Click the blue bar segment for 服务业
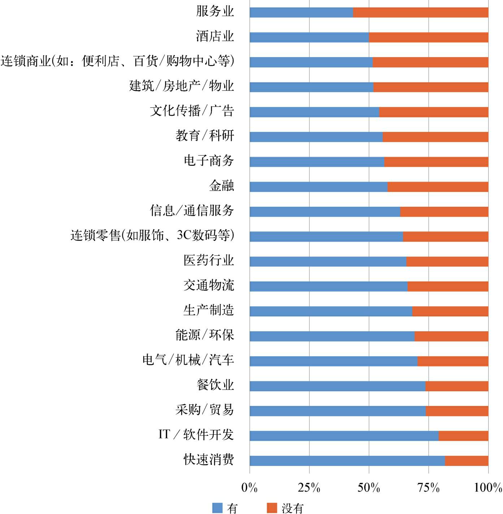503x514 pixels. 301,12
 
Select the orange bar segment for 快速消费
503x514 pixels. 467,461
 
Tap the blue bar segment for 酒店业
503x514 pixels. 309,37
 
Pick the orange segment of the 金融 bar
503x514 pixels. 438,187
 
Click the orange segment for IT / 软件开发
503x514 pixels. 463,436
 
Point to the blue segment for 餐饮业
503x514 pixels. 337,386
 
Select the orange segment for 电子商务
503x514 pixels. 436,162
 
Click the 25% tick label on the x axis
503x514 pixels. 309,488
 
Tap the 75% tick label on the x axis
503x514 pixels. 429,488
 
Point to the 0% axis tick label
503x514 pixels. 250,488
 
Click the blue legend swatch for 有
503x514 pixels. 217,508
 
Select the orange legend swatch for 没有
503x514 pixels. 272,508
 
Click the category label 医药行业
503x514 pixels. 209,260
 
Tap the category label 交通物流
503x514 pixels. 209,285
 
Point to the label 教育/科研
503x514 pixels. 205,136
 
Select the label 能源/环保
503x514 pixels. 205,335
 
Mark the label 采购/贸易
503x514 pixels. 205,410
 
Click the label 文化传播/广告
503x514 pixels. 192,111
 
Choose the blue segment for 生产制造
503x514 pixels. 331,311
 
